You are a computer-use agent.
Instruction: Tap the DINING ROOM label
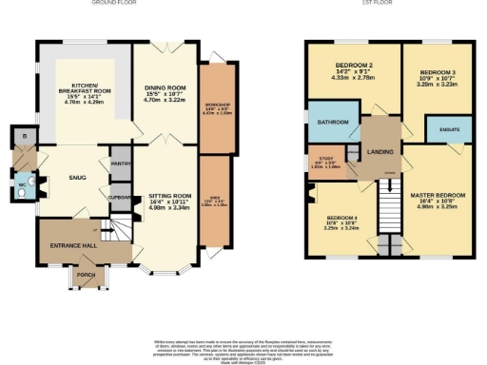coord(166,90)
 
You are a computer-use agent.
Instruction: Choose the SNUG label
coord(78,176)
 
